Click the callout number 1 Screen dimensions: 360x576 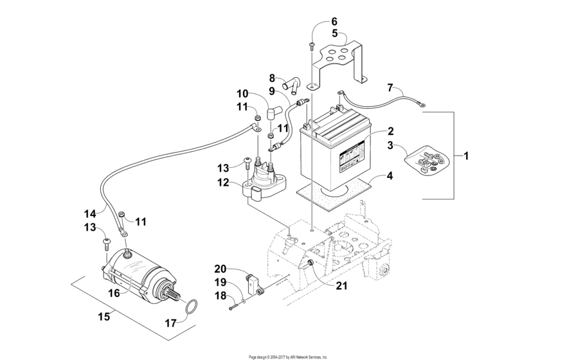pos(466,156)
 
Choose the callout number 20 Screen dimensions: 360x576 pos(221,269)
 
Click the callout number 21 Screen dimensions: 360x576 pos(341,286)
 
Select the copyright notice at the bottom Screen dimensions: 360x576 pos(288,356)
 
